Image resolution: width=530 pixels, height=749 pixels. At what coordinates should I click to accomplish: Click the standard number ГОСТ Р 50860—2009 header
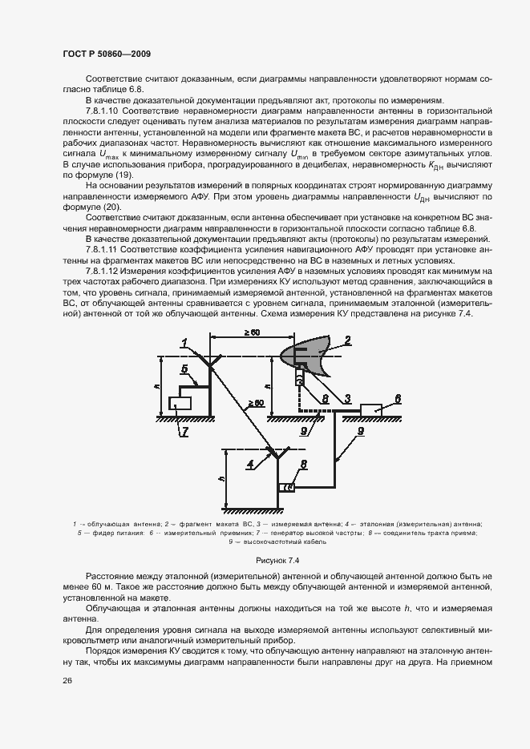(107, 54)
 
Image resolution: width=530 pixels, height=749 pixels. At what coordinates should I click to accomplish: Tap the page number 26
(67, 680)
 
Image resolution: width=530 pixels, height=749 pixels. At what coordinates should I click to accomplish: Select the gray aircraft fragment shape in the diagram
(314, 352)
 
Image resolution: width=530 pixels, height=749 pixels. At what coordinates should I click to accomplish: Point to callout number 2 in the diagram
(348, 340)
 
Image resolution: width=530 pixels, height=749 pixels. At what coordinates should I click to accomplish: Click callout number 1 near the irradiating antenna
(184, 342)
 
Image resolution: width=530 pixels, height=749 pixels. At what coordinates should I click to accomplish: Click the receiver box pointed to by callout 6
(372, 409)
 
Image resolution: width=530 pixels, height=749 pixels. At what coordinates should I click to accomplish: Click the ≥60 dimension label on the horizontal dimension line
(229, 332)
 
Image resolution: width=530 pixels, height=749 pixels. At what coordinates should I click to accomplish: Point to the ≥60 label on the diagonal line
(256, 402)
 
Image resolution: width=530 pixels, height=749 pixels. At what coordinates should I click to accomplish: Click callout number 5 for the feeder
(184, 369)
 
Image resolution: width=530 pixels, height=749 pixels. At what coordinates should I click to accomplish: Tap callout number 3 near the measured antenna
(347, 397)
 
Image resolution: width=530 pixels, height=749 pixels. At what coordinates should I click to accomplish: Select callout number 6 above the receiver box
(398, 397)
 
